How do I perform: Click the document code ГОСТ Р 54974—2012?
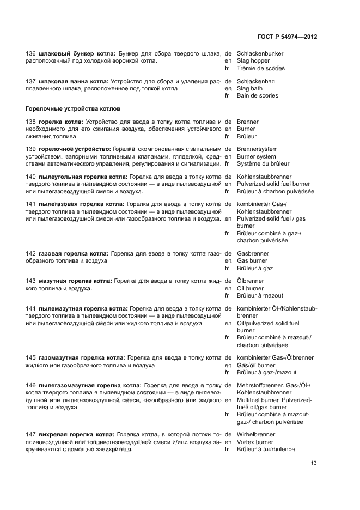pyautogui.click(x=288, y=37)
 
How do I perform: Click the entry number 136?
pyautogui.click(x=31, y=53)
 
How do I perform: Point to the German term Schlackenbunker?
pyautogui.click(x=260, y=53)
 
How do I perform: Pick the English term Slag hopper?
pyautogui.click(x=253, y=61)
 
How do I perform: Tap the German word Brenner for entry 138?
pyautogui.click(x=248, y=122)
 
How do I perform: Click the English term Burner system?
pyautogui.click(x=257, y=156)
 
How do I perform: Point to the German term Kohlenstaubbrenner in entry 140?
pyautogui.click(x=264, y=177)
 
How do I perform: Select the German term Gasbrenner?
pyautogui.click(x=253, y=253)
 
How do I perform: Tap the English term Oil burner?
pyautogui.click(x=250, y=288)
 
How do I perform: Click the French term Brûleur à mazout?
pyautogui.click(x=260, y=296)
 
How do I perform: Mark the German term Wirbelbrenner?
pyautogui.click(x=256, y=434)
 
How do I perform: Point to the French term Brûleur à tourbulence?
pyautogui.click(x=266, y=450)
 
